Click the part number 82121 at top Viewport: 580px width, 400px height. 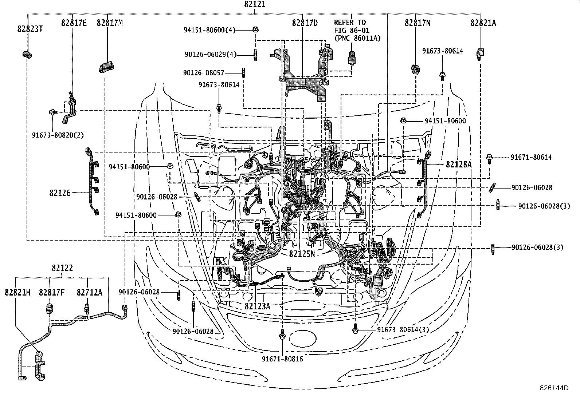pos(255,5)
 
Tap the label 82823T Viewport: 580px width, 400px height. pos(30,29)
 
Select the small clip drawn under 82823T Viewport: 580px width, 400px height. pos(27,55)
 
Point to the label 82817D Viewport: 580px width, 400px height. pos(305,23)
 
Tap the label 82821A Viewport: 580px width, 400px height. pos(483,23)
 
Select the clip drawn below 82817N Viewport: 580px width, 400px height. pos(415,68)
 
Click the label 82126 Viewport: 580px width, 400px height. pos(60,193)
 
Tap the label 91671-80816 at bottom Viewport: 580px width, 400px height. pos(282,359)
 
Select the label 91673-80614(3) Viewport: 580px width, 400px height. pos(403,330)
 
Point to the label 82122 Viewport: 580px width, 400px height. pos(62,268)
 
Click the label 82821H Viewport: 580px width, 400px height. pos(18,292)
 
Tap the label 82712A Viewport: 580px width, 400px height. pos(90,292)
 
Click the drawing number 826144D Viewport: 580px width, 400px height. pos(554,388)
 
